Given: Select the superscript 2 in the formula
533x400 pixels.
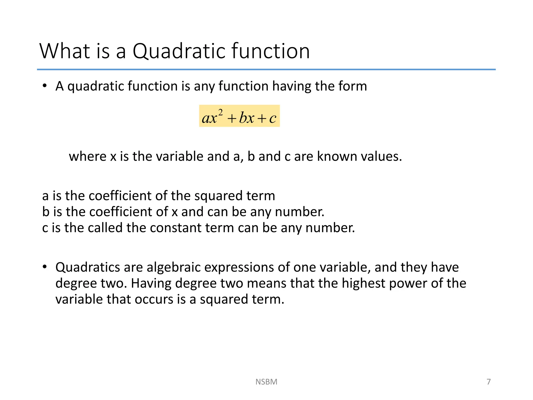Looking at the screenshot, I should [220, 113].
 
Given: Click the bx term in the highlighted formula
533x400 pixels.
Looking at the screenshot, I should [246, 118].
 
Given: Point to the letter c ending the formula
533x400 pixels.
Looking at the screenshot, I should [272, 118].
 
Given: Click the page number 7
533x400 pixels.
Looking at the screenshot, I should [488, 382].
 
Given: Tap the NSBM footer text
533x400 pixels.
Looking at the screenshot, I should [266, 382].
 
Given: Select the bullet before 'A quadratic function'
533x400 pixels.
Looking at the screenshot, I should [45, 86].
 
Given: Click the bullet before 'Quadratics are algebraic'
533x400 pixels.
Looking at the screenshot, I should [45, 267].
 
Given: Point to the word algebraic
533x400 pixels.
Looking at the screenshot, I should [173, 267].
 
